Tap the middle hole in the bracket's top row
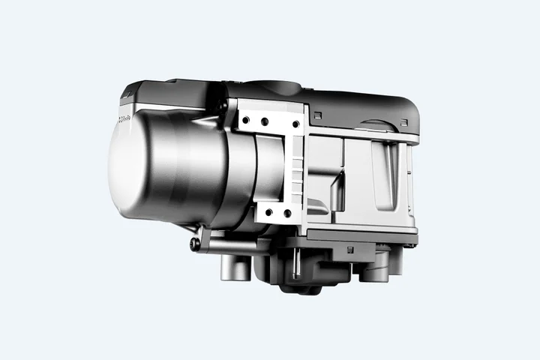264,121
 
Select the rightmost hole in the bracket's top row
295,124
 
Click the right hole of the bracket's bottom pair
287,214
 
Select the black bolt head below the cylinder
195,244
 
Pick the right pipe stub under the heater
373,268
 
